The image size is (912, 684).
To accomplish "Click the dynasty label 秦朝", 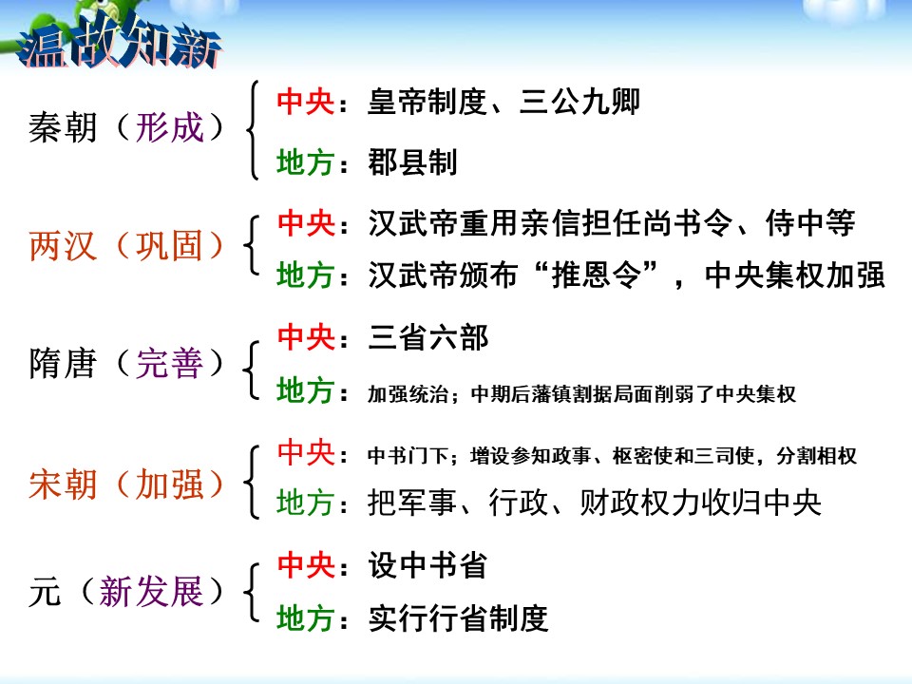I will [63, 127].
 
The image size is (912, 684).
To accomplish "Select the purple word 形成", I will [170, 127].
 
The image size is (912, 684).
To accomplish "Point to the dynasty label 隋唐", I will [63, 363].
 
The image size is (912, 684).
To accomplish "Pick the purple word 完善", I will [170, 363].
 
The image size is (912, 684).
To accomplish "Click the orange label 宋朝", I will [63, 484].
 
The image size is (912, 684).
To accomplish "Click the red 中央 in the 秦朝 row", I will [305, 102].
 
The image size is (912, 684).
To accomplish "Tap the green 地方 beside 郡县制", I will [305, 162].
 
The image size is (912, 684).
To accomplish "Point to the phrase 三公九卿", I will [579, 102].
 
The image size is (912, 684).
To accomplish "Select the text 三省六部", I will [428, 336].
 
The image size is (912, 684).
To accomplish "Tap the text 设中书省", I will [427, 565].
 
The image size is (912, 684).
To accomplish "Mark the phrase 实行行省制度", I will [458, 619].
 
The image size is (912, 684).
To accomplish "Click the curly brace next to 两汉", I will [253, 247].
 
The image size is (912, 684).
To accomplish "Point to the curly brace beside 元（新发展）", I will [253, 594].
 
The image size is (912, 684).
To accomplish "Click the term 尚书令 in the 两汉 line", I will [702, 223].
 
